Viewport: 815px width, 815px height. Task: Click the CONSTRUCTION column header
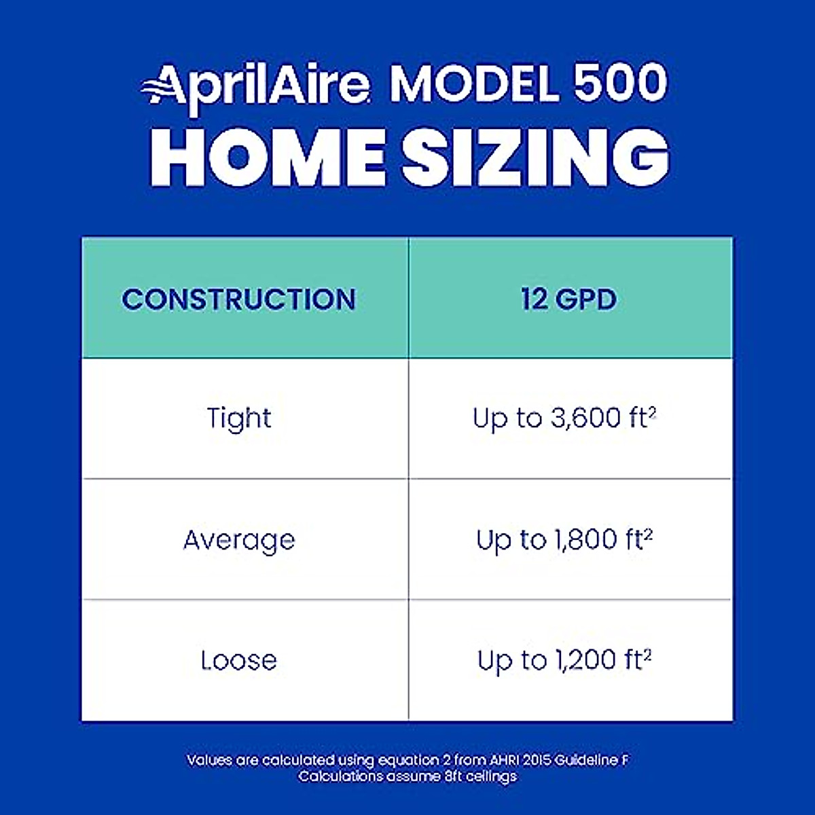tap(238, 300)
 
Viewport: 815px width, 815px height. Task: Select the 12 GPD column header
tap(569, 300)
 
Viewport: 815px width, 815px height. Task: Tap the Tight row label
tap(238, 418)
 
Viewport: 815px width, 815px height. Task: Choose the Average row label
tap(239, 540)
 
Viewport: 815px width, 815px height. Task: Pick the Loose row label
tap(238, 660)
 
